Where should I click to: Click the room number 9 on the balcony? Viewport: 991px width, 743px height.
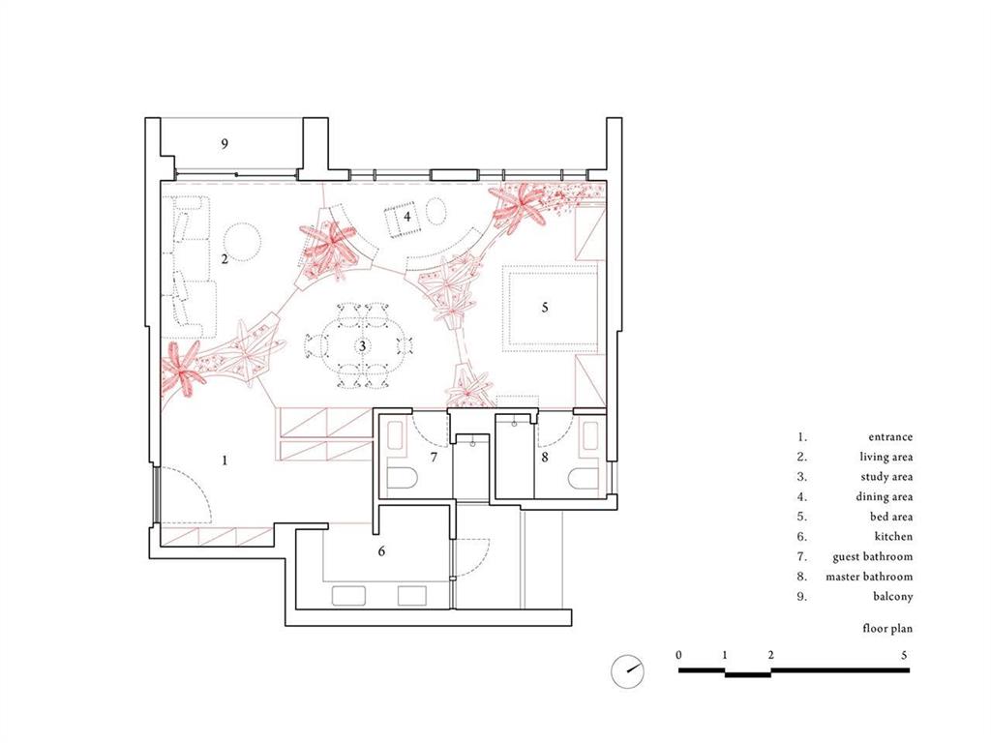pyautogui.click(x=225, y=144)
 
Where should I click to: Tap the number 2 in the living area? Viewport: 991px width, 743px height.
pyautogui.click(x=225, y=259)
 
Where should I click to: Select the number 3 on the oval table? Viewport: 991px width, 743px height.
pyautogui.click(x=362, y=346)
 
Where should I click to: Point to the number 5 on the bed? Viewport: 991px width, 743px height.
pyautogui.click(x=545, y=308)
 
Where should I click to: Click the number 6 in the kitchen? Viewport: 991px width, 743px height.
pyautogui.click(x=381, y=551)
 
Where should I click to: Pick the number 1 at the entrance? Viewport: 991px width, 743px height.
pyautogui.click(x=225, y=461)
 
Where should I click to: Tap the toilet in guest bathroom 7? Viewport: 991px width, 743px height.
pyautogui.click(x=401, y=479)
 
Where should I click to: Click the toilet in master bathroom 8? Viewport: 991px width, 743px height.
pyautogui.click(x=584, y=478)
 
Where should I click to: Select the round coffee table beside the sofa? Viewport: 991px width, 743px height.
pyautogui.click(x=241, y=243)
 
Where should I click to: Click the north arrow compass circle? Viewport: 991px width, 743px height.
pyautogui.click(x=627, y=671)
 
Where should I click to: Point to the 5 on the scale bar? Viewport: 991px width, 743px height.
pyautogui.click(x=904, y=655)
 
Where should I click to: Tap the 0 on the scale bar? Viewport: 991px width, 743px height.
pyautogui.click(x=678, y=655)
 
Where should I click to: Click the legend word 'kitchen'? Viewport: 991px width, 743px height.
pyautogui.click(x=893, y=536)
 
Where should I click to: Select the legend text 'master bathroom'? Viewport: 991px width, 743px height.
pyautogui.click(x=869, y=577)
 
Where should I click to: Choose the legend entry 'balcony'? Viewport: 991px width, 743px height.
pyautogui.click(x=893, y=596)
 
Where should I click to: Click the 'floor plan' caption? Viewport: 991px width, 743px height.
pyautogui.click(x=887, y=629)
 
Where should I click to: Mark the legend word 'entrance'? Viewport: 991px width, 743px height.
pyautogui.click(x=890, y=436)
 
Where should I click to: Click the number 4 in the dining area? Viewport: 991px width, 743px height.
pyautogui.click(x=407, y=217)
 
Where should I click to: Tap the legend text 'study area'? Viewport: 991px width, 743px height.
pyautogui.click(x=886, y=476)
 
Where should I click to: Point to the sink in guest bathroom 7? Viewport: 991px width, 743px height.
pyautogui.click(x=395, y=437)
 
